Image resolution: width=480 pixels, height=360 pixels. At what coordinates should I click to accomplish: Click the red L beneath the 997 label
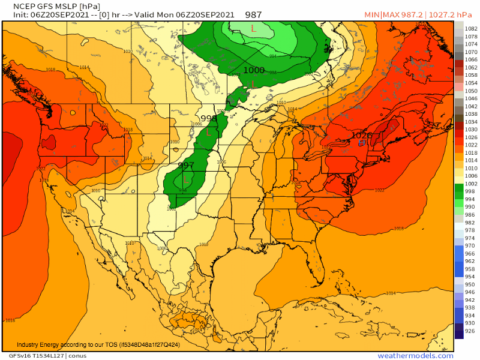tap(187, 178)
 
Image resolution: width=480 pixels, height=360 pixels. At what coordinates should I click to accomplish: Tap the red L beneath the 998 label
tap(209, 131)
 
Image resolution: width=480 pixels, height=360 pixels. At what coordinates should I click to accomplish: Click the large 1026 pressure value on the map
tap(362, 136)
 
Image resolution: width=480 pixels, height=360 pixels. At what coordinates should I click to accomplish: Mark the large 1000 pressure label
tap(253, 70)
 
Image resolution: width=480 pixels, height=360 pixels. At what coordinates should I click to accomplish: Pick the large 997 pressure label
tap(186, 165)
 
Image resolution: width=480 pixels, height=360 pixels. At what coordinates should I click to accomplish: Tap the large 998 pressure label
tap(209, 118)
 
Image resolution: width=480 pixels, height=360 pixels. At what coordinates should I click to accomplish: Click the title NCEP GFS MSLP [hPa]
tap(52, 7)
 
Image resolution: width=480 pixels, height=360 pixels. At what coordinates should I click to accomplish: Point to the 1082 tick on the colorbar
tap(472, 28)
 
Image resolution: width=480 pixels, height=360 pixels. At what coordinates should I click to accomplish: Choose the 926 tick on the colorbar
tap(472, 331)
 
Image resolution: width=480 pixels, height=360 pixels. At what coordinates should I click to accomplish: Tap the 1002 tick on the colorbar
tap(472, 184)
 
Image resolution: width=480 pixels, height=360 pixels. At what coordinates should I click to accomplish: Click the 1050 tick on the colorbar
tap(472, 91)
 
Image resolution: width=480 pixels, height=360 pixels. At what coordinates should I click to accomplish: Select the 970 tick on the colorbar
tap(472, 246)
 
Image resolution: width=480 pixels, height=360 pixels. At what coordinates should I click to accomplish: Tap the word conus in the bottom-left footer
tap(77, 356)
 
